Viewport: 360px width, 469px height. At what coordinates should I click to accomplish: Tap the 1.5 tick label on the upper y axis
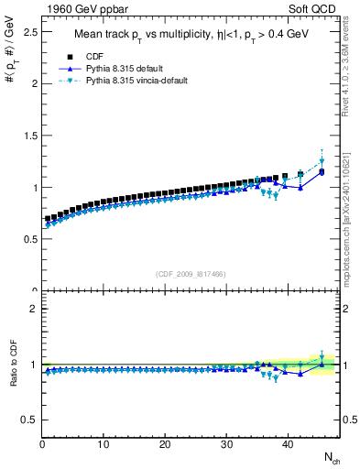pos(27,136)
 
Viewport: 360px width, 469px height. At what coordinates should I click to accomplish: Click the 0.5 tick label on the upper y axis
pos(27,239)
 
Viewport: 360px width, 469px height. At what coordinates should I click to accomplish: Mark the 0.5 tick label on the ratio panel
pos(27,420)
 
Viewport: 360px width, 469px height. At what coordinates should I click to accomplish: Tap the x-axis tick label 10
pos(104,445)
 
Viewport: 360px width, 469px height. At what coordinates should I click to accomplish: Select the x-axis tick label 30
pos(226,445)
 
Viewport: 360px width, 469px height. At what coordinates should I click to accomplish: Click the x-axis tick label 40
pos(288,445)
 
